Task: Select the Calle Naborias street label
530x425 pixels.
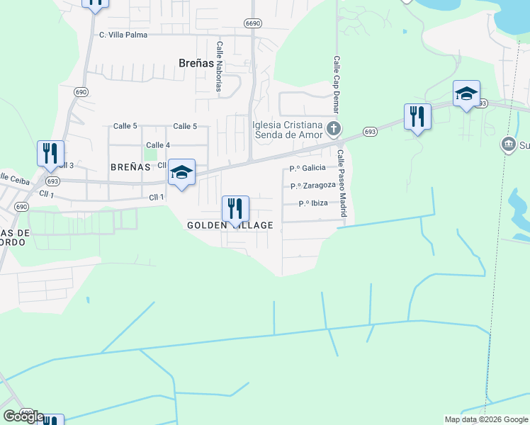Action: pyautogui.click(x=220, y=66)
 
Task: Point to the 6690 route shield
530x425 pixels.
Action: pyautogui.click(x=253, y=23)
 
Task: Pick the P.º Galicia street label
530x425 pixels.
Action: pyautogui.click(x=308, y=168)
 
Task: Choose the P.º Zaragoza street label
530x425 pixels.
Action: pyautogui.click(x=312, y=186)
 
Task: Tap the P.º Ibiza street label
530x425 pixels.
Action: pyautogui.click(x=312, y=203)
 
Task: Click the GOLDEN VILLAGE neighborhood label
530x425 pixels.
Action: pyautogui.click(x=230, y=225)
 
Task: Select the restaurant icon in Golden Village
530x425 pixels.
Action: pyautogui.click(x=235, y=208)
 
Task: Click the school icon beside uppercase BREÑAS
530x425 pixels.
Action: pyautogui.click(x=181, y=172)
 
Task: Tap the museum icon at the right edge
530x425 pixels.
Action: pyautogui.click(x=508, y=145)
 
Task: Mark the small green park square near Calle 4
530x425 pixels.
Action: pyautogui.click(x=150, y=153)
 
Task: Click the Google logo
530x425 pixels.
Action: pyautogui.click(x=23, y=416)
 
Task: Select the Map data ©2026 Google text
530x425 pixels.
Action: pyautogui.click(x=485, y=419)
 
